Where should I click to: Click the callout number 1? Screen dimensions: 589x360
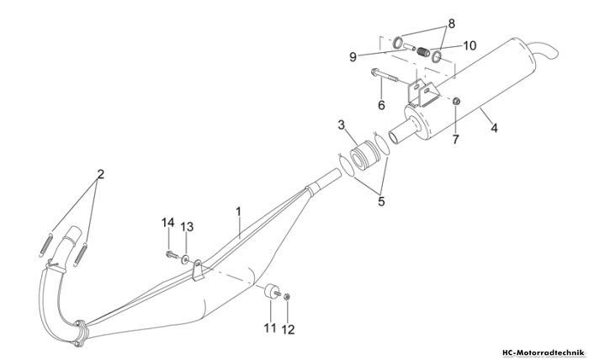point(238,212)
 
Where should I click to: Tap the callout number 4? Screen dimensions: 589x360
point(495,128)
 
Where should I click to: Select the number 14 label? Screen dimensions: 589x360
point(168,223)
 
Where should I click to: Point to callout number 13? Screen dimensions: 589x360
point(187,227)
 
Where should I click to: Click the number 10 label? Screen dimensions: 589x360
point(470,45)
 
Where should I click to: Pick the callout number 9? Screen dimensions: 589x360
point(353,57)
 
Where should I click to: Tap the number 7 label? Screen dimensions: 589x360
point(456,140)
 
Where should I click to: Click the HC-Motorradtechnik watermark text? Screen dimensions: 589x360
point(544,353)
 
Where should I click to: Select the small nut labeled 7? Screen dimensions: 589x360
point(456,101)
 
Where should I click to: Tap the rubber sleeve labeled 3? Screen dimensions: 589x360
point(363,156)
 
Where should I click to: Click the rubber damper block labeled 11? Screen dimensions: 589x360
point(271,292)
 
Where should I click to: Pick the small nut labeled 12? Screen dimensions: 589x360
point(287,297)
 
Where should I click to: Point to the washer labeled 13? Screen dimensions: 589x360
point(185,259)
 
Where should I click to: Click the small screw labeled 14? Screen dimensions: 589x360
point(172,255)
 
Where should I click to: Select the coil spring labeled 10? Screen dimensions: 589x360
point(424,52)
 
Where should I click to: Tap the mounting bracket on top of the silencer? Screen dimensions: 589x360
point(422,92)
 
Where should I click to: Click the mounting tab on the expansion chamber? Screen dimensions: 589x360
point(197,270)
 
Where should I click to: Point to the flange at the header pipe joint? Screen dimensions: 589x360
point(81,333)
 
